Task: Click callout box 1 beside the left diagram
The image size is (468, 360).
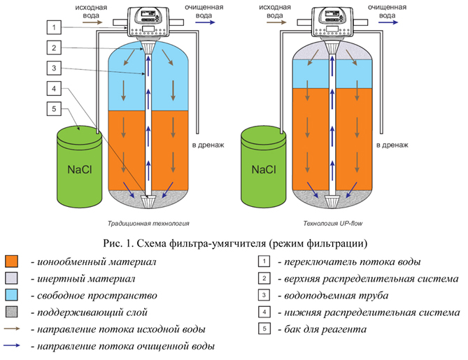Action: pos(54,27)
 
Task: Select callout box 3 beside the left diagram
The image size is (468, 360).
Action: pos(54,68)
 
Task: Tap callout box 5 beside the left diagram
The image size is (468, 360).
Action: pos(54,109)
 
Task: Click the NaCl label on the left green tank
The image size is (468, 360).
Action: pos(80,170)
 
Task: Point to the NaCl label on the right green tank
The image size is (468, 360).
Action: pos(264,170)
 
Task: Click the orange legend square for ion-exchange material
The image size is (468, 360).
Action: pos(12,261)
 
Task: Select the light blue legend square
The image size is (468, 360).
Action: pos(12,295)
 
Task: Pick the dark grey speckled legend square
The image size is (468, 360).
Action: pos(12,312)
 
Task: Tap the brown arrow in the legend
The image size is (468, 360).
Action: pos(12,329)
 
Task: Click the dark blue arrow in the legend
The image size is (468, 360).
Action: pos(12,345)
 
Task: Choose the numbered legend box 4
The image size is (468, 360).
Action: pos(264,312)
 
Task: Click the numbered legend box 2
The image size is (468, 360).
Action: pos(264,278)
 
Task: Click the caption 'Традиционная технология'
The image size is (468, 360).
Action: pos(148,224)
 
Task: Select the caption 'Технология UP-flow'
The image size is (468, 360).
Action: pos(333,224)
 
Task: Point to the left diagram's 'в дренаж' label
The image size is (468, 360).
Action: pos(208,145)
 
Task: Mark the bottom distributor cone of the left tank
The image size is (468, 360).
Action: pos(148,202)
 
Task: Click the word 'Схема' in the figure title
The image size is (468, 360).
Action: pos(151,244)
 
